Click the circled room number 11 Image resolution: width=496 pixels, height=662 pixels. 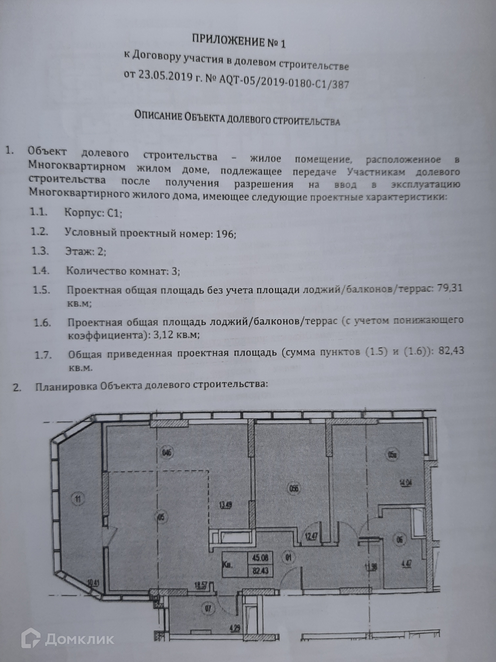tap(79, 499)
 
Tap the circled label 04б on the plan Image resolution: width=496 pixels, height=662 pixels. tap(167, 452)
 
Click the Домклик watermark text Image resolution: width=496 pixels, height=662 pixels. tap(80, 639)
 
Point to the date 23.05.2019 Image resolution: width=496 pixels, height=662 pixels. tap(164, 75)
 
